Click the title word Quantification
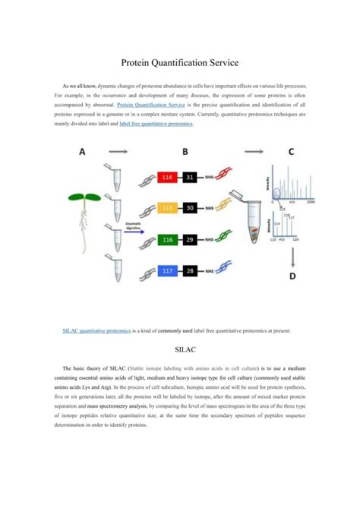[x=182, y=65]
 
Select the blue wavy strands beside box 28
[x=226, y=271]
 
